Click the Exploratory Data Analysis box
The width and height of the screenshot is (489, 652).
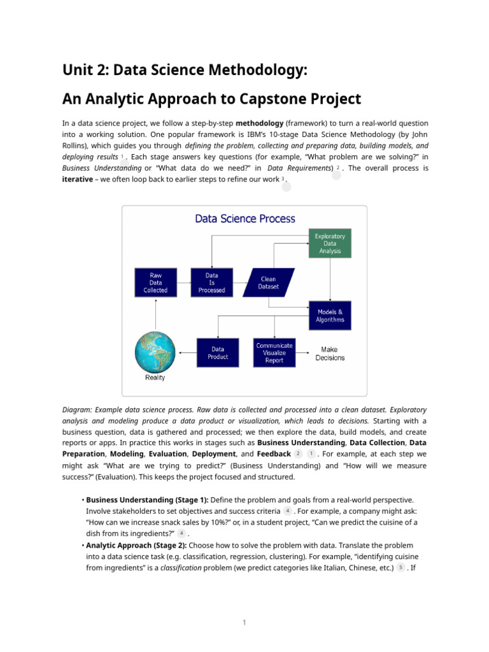pos(329,244)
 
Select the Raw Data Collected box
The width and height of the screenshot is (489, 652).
pos(155,283)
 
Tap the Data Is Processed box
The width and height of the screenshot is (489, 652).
pos(212,283)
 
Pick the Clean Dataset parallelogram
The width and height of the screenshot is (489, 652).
pos(269,283)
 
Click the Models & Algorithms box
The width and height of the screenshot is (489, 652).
pos(330,316)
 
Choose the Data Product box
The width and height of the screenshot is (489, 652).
pos(218,353)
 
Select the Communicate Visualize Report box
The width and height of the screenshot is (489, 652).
pos(274,353)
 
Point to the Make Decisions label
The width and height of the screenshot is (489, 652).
pos(330,353)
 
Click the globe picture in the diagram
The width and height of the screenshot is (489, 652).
pos(155,351)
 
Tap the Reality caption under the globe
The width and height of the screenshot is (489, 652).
pos(155,378)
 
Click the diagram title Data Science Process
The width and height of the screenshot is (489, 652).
pos(245,219)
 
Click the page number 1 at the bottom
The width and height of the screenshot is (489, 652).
pos(244,622)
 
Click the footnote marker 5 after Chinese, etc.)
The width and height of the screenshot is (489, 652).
pos(400,568)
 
